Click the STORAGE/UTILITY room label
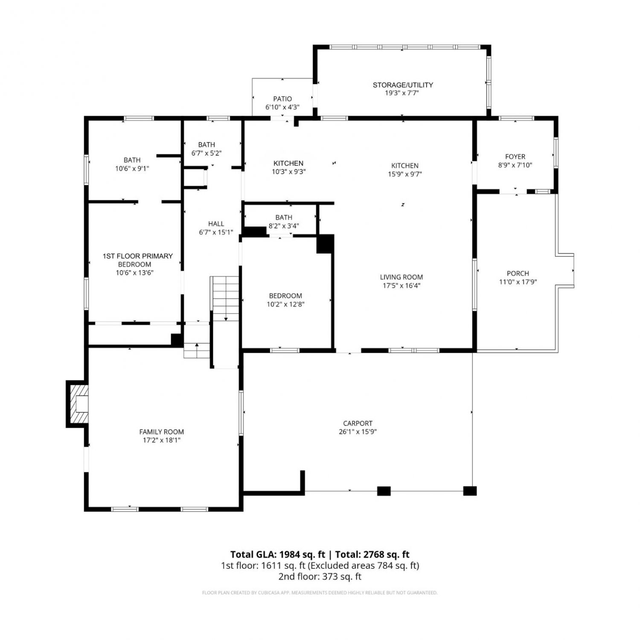(403, 85)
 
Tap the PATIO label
(282, 99)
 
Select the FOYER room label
(515, 157)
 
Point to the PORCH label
(518, 273)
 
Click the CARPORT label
(358, 423)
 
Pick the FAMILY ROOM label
(162, 432)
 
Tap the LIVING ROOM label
(401, 277)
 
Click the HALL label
(216, 224)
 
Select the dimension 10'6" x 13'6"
(135, 273)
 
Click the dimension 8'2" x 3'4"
(284, 226)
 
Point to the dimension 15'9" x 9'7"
(401, 174)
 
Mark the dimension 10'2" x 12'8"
(285, 305)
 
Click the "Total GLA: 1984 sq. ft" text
(278, 555)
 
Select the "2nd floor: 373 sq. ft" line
(320, 577)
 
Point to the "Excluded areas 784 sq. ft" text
(364, 566)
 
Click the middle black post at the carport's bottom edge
(384, 491)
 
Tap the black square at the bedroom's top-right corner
(325, 244)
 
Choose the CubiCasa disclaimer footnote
(320, 593)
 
